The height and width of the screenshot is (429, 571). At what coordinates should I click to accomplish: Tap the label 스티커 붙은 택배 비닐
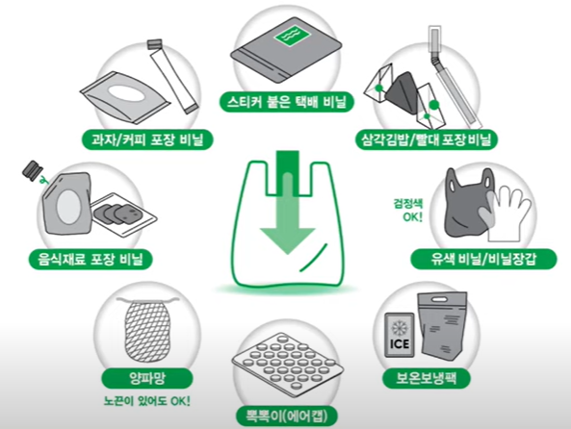287,101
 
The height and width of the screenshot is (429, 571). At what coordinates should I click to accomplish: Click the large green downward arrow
287,216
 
